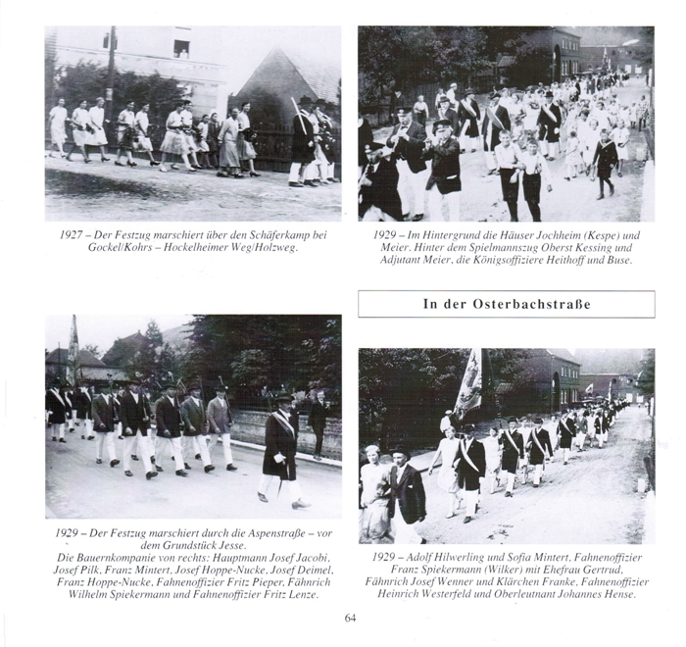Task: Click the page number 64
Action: pos(352,617)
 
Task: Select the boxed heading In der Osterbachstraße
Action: pos(506,304)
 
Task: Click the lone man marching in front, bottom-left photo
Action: pos(281,451)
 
